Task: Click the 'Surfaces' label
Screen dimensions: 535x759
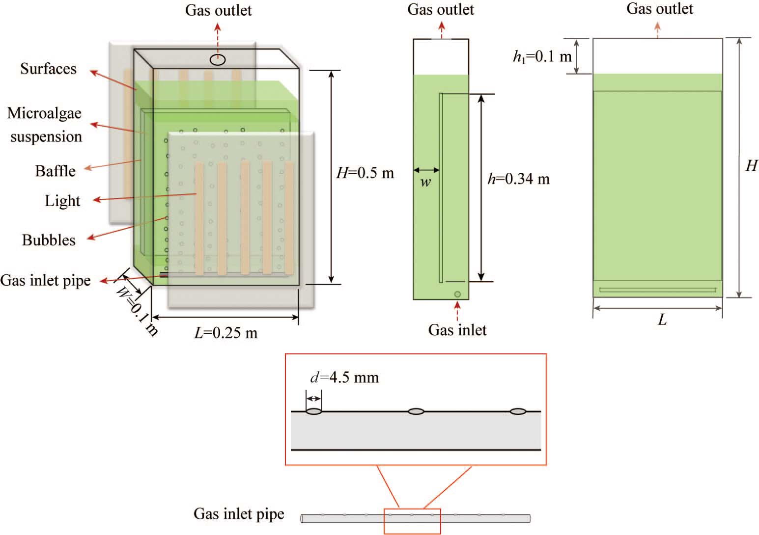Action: (x=48, y=69)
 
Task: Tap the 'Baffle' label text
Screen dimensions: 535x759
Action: (x=55, y=171)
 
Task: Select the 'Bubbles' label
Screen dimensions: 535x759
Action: (x=49, y=240)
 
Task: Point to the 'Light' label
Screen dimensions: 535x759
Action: (x=62, y=201)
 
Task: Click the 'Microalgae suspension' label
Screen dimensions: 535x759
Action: (x=45, y=125)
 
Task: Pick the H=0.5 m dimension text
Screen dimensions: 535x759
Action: (x=365, y=173)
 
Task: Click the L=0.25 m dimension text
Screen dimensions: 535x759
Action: (x=226, y=333)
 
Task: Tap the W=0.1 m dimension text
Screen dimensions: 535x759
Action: (x=137, y=311)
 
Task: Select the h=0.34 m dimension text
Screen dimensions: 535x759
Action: (x=519, y=179)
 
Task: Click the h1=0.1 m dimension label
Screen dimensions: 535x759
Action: (x=542, y=56)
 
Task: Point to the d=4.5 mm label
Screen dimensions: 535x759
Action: (x=344, y=377)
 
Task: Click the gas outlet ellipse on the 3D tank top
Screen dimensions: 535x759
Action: (x=218, y=60)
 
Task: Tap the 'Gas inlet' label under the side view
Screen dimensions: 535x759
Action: (x=457, y=330)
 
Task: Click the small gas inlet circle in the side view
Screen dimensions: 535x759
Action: (x=457, y=294)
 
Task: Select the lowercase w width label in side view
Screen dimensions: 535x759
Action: (x=425, y=183)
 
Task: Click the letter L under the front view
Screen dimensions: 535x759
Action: (x=662, y=321)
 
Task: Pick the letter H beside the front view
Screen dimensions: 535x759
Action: (x=751, y=166)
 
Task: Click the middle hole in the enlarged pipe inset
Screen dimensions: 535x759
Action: (x=416, y=411)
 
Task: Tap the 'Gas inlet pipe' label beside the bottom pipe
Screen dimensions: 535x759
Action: (x=239, y=514)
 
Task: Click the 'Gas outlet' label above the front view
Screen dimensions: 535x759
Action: (x=659, y=9)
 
